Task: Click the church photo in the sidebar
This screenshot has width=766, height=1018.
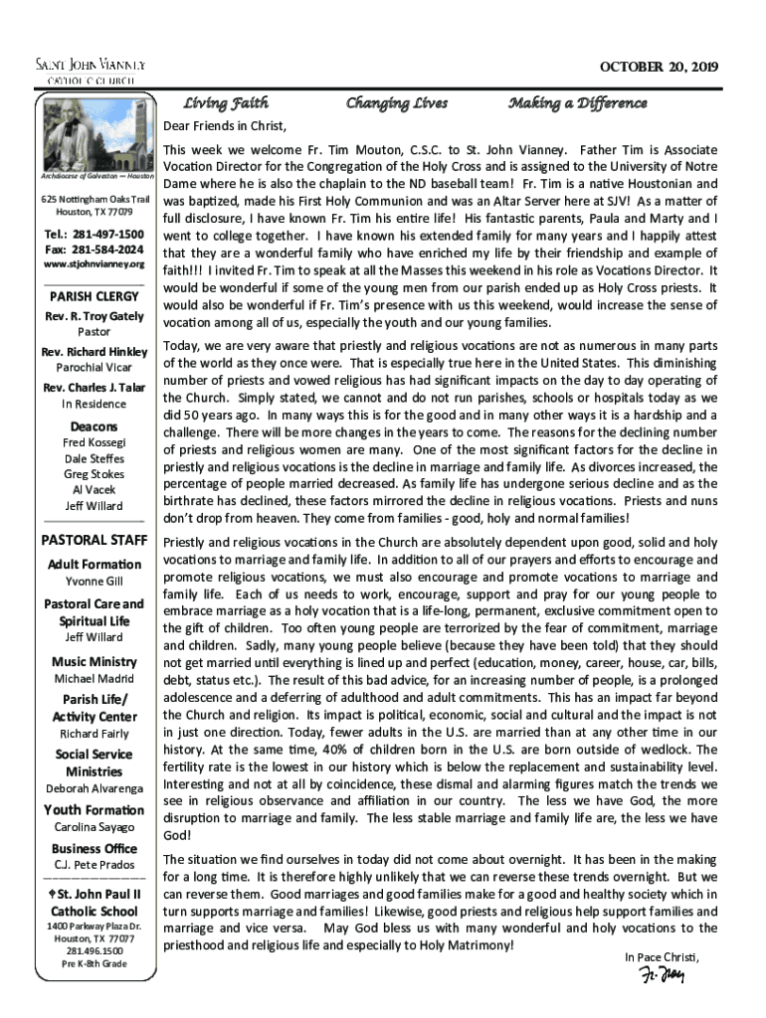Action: [95, 136]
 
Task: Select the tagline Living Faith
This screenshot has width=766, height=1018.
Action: [226, 103]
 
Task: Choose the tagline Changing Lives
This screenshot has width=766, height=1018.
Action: [396, 103]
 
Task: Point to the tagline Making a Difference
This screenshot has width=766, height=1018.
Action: [577, 103]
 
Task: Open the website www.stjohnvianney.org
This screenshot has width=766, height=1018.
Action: [95, 264]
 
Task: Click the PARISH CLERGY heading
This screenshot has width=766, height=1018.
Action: [95, 297]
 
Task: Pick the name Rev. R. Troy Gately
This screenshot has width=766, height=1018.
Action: [95, 316]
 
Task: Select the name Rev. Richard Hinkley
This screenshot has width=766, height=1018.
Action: [95, 352]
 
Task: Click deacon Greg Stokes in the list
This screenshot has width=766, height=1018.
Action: [95, 474]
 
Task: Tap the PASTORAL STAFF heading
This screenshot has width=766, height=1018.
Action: [95, 541]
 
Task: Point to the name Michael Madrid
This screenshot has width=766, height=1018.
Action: [95, 679]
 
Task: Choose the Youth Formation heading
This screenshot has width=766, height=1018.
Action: [95, 809]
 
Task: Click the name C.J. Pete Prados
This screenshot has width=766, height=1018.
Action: [95, 865]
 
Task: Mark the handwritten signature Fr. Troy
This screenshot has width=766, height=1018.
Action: [662, 974]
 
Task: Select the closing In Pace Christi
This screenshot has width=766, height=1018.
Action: [662, 956]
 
